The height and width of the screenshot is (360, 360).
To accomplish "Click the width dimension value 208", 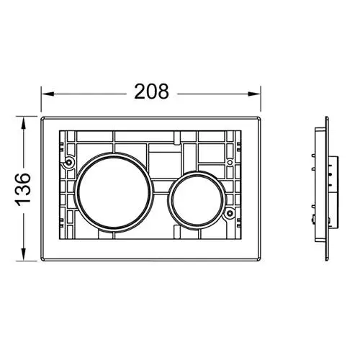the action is [x=151, y=91].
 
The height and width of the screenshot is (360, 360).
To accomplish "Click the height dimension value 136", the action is [x=23, y=189].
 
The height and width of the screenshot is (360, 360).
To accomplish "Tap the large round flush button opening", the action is [x=113, y=192].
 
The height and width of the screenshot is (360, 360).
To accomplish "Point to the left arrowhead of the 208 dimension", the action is [x=48, y=94].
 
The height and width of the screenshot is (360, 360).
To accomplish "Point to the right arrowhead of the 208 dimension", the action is [x=254, y=94].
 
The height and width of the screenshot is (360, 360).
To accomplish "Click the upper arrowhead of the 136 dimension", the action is [x=23, y=123].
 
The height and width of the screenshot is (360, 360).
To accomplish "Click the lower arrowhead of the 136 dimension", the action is [x=23, y=253].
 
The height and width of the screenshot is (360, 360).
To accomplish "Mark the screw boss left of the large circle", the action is [x=69, y=163].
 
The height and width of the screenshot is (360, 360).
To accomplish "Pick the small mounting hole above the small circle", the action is [x=230, y=163].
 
